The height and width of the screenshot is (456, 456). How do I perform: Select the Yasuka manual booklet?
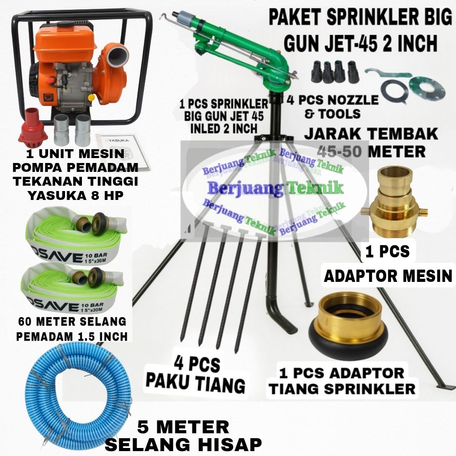117,145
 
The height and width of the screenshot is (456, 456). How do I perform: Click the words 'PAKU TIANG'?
196,383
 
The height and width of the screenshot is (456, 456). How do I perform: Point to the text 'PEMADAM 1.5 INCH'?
72,335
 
